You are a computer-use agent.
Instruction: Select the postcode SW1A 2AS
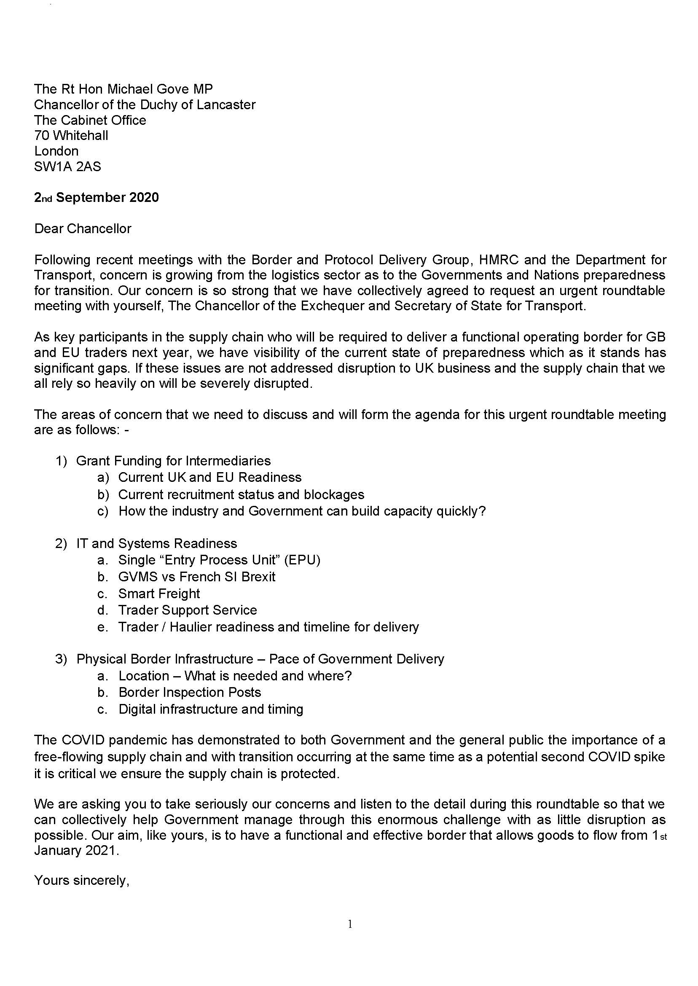[x=67, y=167]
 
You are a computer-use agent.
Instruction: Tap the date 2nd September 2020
[x=96, y=197]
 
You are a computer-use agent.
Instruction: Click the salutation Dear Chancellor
[x=83, y=228]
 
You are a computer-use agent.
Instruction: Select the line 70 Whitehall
[x=71, y=135]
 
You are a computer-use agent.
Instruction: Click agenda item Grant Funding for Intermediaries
[x=173, y=461]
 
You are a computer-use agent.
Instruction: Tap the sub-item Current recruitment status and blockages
[x=241, y=495]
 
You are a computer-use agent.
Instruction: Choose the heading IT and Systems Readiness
[x=156, y=543]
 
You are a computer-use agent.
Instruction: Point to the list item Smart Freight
[x=159, y=594]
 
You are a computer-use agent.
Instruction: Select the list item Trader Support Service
[x=188, y=610]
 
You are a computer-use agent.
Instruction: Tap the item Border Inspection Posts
[x=190, y=692]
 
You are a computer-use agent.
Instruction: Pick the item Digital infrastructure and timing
[x=211, y=709]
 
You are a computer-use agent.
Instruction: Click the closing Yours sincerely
[x=82, y=880]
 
